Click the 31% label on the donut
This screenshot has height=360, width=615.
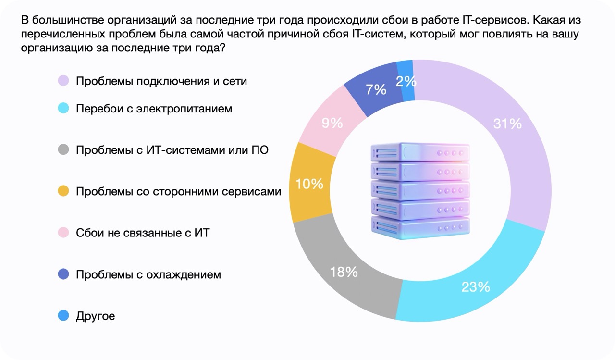pos(507,124)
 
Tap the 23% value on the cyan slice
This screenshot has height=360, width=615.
pos(476,287)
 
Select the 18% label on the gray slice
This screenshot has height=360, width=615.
pos(344,272)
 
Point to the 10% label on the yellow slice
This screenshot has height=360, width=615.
pos(309,184)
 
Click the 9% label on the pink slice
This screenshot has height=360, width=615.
pos(332,124)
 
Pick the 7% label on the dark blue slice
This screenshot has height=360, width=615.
pos(376,90)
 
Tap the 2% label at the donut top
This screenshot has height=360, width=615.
pos(406,81)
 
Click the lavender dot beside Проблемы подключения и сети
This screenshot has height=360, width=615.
pos(63,81)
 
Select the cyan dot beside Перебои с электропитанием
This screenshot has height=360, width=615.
pos(63,109)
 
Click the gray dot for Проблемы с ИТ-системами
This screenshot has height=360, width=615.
pos(63,150)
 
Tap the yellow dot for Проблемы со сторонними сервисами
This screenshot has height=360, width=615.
pos(63,192)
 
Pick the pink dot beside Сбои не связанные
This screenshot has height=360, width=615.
pos(63,233)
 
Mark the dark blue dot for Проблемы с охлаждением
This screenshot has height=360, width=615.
pos(63,274)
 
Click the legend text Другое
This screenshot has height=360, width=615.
pos(95,316)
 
